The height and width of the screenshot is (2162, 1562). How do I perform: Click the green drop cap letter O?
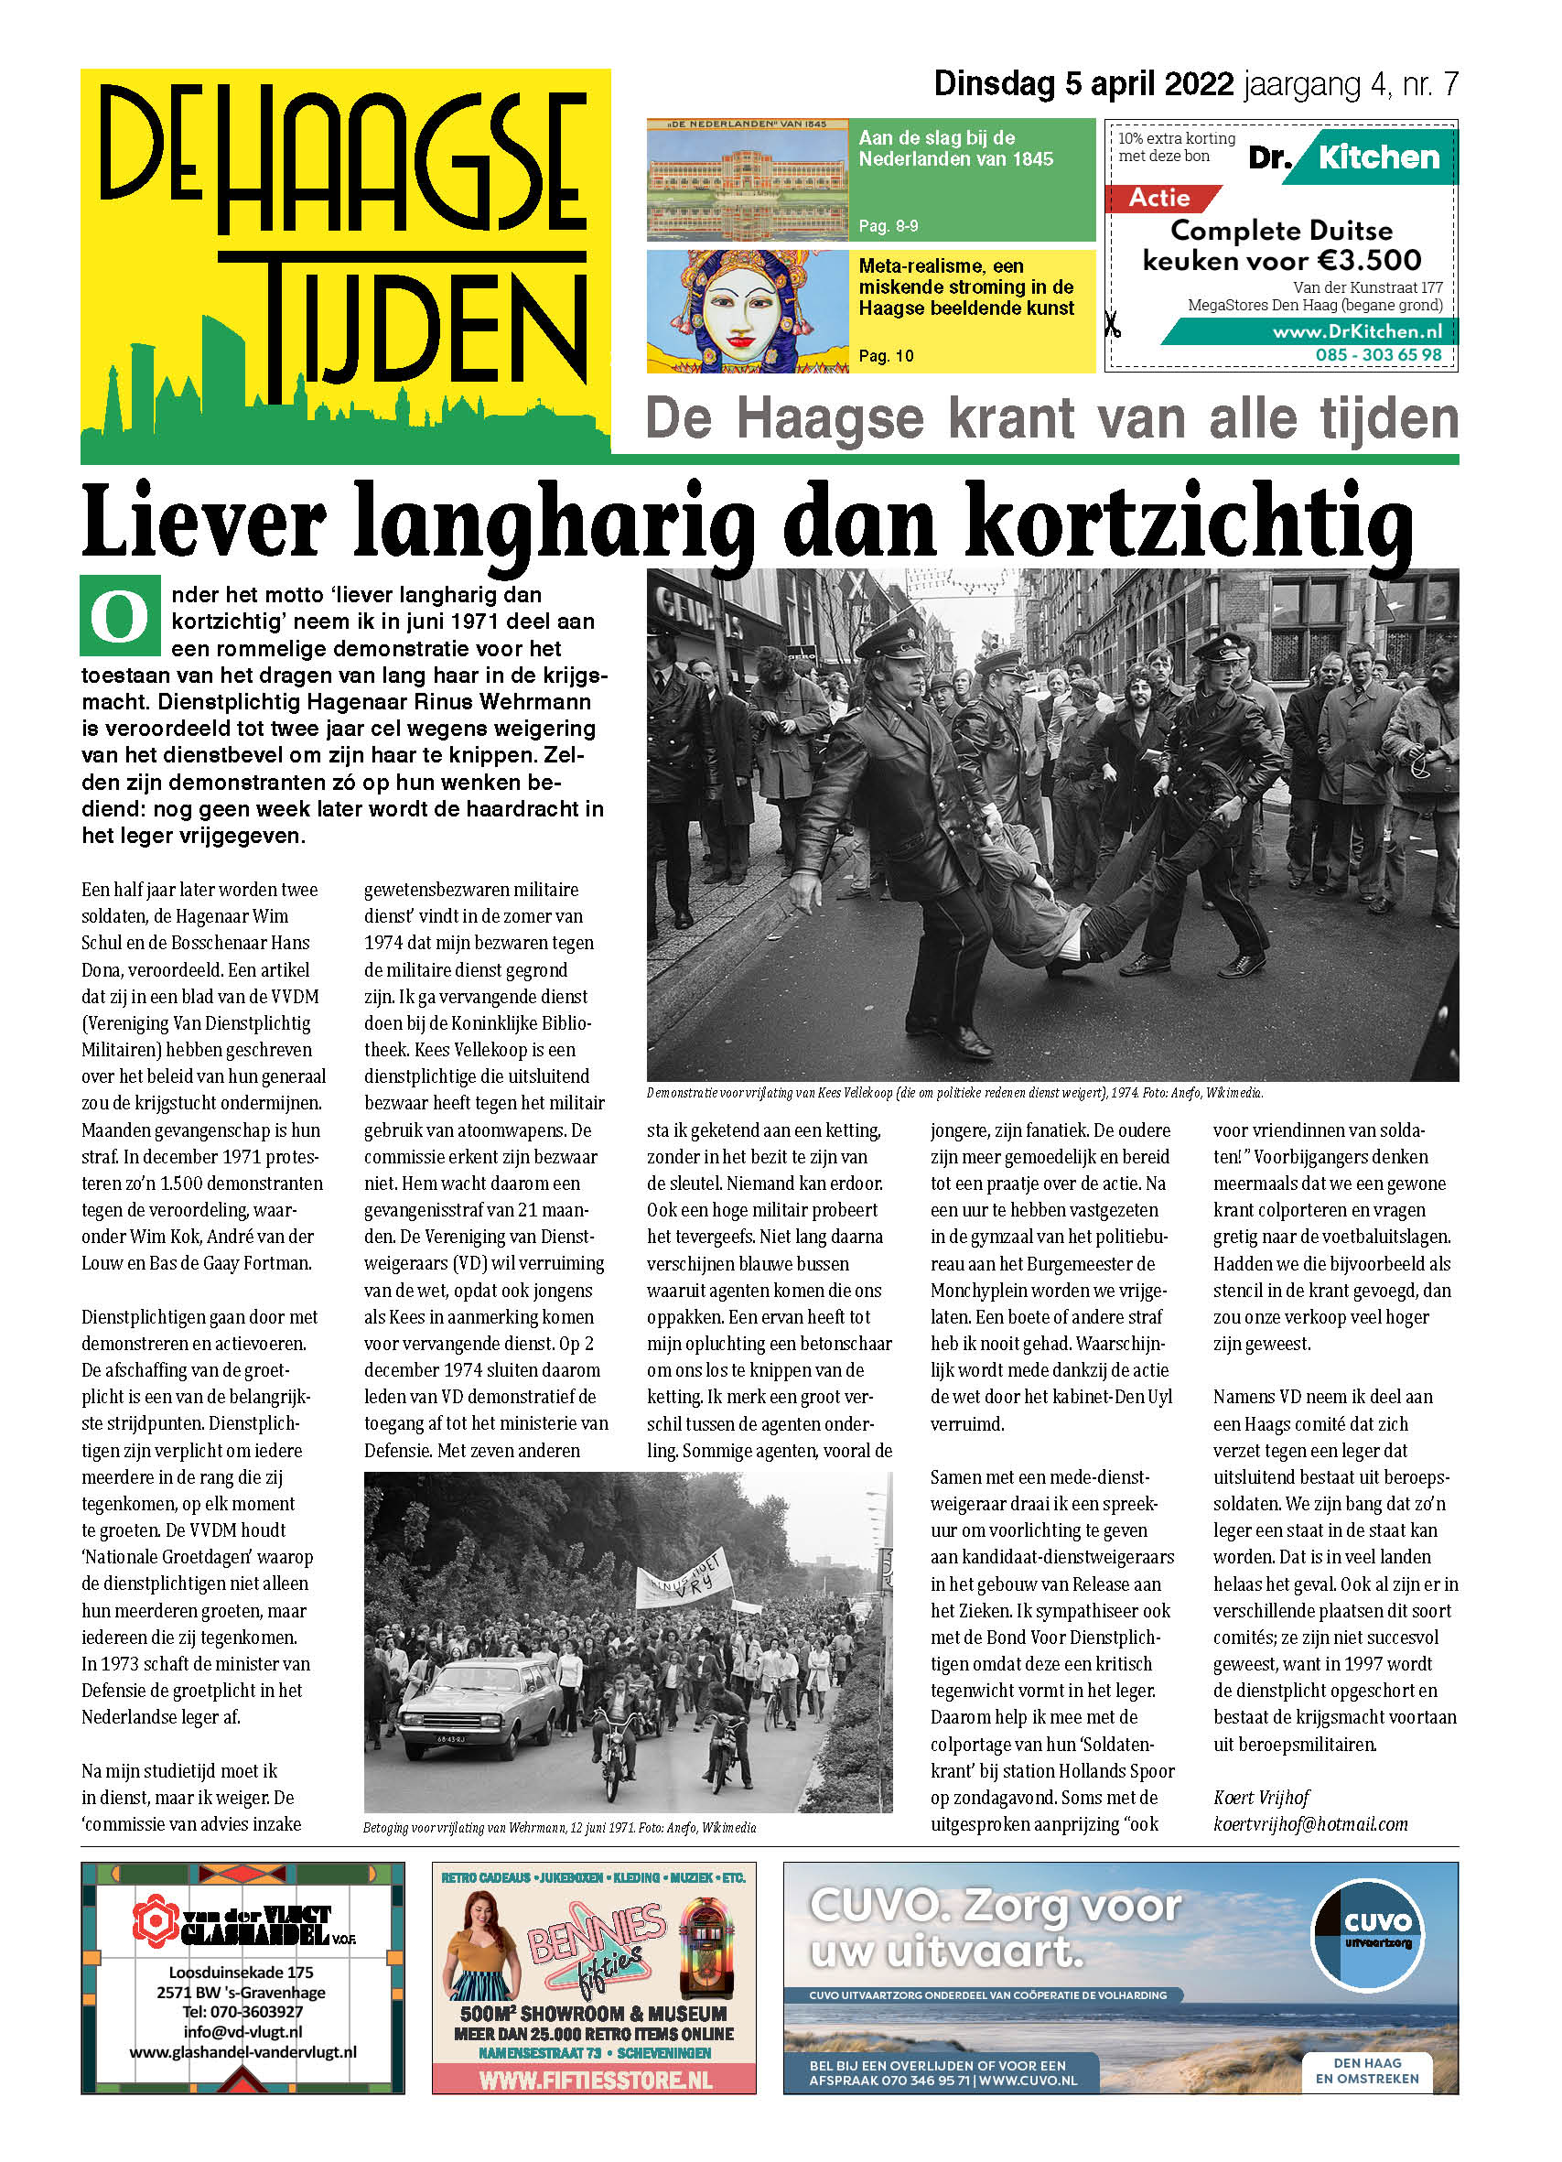tap(120, 616)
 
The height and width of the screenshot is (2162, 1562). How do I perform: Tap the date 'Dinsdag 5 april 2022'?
tap(1083, 85)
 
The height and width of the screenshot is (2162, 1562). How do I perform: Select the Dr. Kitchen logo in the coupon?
tap(1346, 157)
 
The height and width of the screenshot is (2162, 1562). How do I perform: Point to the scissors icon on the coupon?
tap(1111, 325)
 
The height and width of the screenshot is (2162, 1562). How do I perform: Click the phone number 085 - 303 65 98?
tap(1378, 354)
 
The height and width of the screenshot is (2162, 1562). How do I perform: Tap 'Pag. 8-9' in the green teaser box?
tap(889, 226)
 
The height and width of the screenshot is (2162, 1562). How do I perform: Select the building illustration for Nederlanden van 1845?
tap(748, 179)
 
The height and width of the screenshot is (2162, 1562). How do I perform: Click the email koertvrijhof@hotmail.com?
tap(1309, 1823)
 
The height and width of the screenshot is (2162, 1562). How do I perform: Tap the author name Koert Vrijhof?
tap(1261, 1797)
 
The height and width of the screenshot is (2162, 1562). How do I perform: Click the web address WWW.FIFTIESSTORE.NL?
tap(595, 2079)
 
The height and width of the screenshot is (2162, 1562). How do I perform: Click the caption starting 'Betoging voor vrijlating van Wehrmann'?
tap(559, 1827)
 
